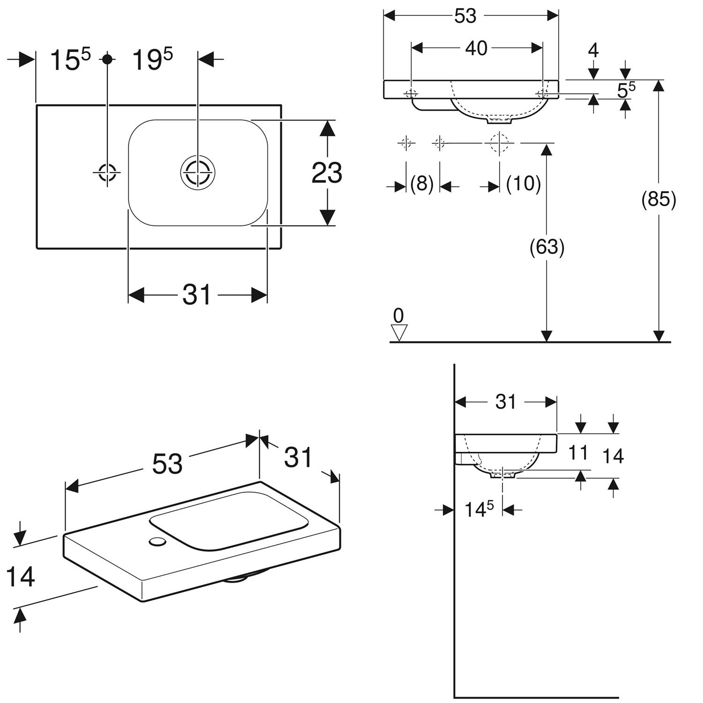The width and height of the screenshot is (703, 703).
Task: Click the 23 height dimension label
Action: [327, 173]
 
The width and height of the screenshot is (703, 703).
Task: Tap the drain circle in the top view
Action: [198, 172]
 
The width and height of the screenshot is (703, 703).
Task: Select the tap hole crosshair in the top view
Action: [107, 172]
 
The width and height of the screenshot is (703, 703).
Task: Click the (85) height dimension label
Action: [658, 200]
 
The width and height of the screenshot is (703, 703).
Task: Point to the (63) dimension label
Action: [546, 247]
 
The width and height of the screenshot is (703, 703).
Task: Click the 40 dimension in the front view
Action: [476, 48]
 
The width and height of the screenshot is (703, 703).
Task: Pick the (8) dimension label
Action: [422, 184]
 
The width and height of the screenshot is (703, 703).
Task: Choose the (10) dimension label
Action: [524, 184]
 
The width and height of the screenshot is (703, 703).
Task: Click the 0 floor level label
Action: [398, 316]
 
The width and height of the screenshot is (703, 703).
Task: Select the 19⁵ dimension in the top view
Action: [152, 60]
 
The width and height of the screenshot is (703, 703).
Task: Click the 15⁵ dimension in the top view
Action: [70, 60]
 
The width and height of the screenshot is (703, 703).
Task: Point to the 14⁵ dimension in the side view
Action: [479, 509]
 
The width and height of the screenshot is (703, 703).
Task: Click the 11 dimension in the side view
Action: [578, 453]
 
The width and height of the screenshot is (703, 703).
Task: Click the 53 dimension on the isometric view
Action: [167, 464]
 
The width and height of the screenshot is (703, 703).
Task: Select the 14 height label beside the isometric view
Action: [20, 576]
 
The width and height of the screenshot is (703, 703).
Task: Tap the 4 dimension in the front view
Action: [593, 50]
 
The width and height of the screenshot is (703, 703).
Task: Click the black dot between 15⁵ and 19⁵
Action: [108, 59]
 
